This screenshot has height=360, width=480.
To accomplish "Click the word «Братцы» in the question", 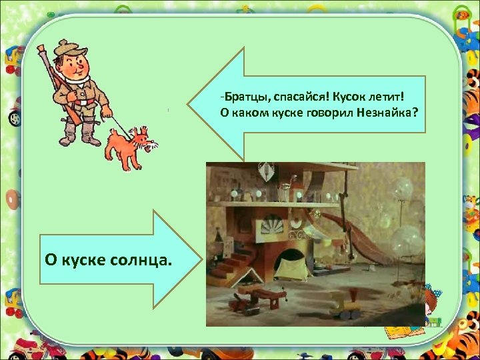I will pos(243,98).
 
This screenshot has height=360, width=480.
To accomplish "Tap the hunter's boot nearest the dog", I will pos(91,136).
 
